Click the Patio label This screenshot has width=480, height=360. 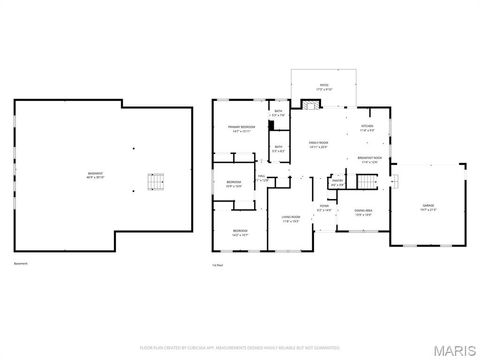(323, 86)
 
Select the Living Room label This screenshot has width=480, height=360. (291, 219)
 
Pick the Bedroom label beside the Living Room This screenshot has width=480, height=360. (240, 232)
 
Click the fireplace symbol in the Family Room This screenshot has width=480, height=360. (310, 104)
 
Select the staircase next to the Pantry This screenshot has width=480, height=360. (369, 181)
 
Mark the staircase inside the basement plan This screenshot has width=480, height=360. (155, 182)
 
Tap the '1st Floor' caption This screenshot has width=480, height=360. (216, 265)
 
